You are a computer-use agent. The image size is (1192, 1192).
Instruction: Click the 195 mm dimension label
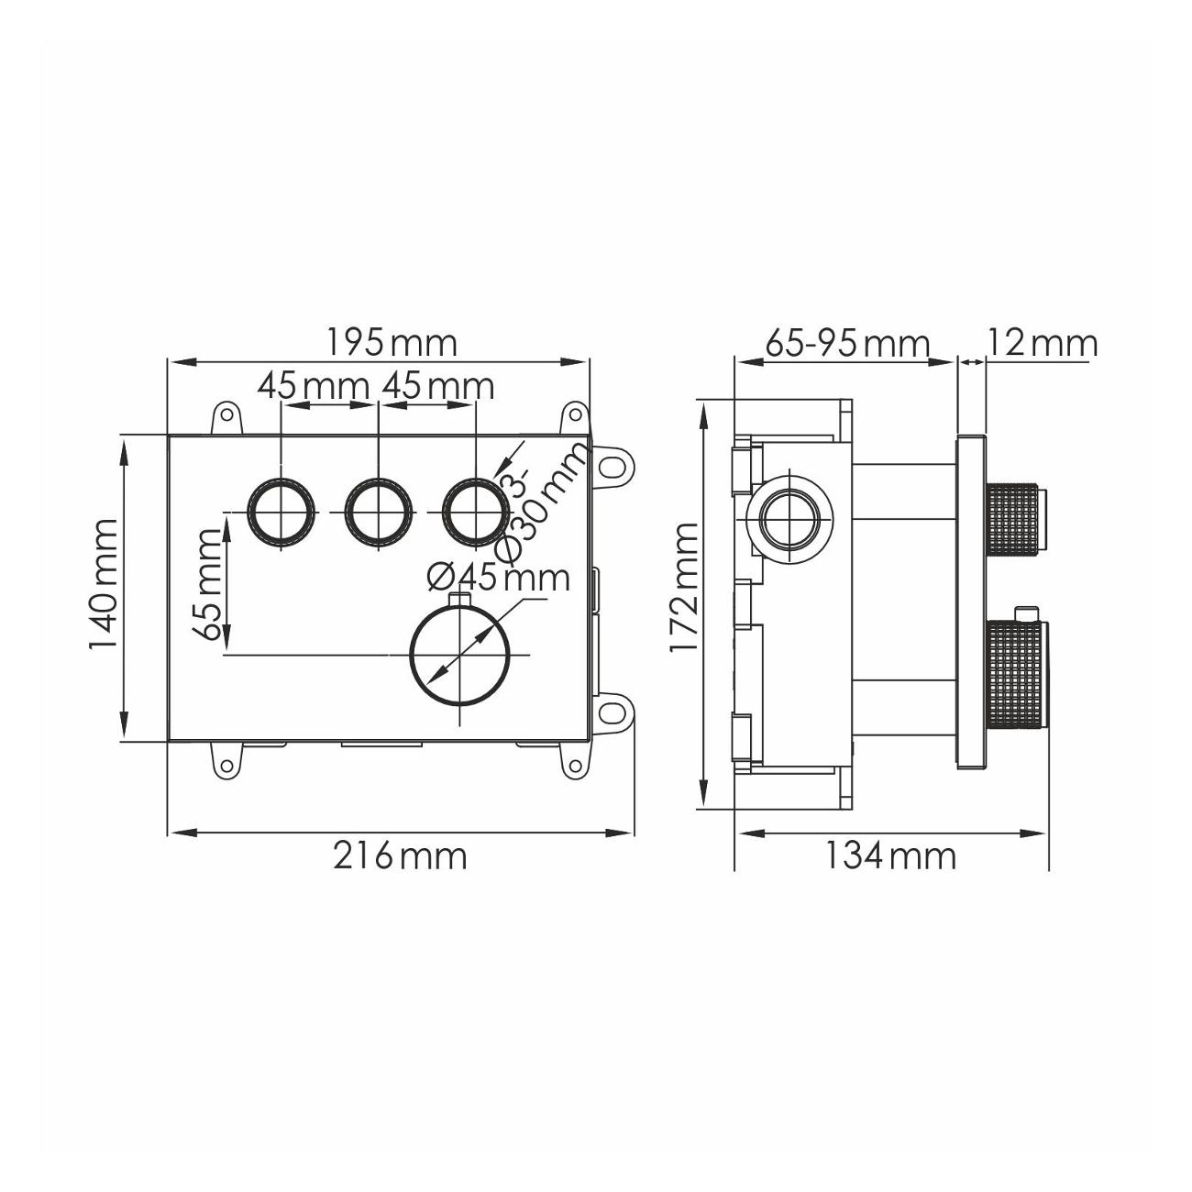click(x=391, y=343)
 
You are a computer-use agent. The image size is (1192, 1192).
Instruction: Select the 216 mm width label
click(x=400, y=856)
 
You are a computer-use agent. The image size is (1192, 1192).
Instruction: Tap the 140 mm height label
click(x=102, y=584)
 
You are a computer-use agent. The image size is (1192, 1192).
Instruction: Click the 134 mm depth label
click(x=890, y=856)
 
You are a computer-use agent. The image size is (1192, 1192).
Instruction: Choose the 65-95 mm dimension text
click(x=847, y=343)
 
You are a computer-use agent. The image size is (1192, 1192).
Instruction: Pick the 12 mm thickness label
click(x=1043, y=343)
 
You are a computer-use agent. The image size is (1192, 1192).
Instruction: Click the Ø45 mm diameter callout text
click(x=498, y=578)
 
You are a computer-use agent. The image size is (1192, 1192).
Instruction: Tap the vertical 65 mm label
click(x=206, y=584)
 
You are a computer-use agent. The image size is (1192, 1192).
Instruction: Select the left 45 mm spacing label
click(x=314, y=387)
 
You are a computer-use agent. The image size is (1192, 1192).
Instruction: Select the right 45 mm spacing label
click(x=438, y=387)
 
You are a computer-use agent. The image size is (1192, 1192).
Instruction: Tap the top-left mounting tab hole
click(x=227, y=413)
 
